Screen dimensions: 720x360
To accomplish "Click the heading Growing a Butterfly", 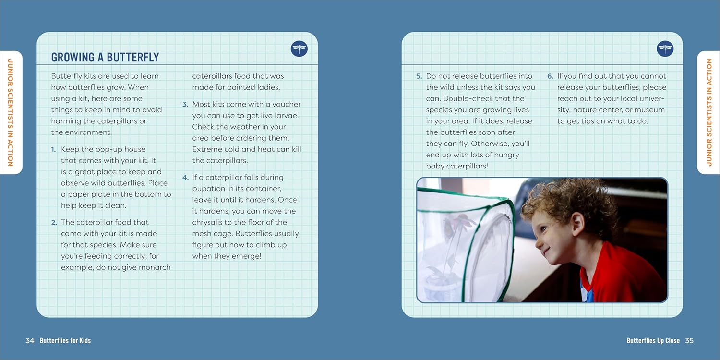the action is (105, 57).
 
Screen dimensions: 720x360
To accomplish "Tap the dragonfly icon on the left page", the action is (299, 48).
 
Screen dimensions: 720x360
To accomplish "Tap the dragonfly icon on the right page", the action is (665, 48).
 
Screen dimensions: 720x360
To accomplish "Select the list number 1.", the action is (53, 149).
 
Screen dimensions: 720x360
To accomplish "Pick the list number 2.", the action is (54, 222).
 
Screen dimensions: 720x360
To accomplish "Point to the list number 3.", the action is (185, 105).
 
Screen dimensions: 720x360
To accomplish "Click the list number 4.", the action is (185, 178).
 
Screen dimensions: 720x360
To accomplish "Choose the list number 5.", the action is (419, 76).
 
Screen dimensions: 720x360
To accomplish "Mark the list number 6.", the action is (550, 76).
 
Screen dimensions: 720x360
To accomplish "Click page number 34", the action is (30, 341).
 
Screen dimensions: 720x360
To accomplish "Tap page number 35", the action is (689, 341).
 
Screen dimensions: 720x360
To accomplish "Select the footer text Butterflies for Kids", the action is (65, 341).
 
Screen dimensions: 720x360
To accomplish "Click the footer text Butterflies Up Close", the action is (653, 341).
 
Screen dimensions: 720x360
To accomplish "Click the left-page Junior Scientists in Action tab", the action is (11, 112).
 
